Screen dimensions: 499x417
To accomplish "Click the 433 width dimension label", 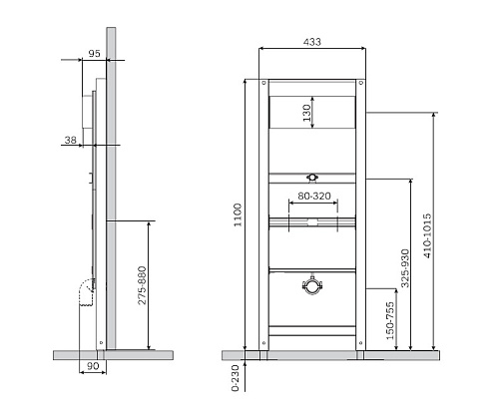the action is coord(312,42).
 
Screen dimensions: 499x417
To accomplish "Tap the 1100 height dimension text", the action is coord(238,215).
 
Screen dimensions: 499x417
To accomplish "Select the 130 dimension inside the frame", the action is coord(306,113).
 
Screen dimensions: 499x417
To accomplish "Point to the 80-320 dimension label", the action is coord(314,196).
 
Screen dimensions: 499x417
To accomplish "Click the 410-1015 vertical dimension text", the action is coord(427,235).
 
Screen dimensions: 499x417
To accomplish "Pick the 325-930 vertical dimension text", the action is coord(405,268).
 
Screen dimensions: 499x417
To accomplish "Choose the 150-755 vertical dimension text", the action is coord(390,320).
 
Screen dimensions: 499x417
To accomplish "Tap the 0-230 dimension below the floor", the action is coord(236,378).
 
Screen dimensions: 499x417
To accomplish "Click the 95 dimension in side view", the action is coord(94,53).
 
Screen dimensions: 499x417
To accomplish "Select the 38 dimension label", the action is coord(71,140).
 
